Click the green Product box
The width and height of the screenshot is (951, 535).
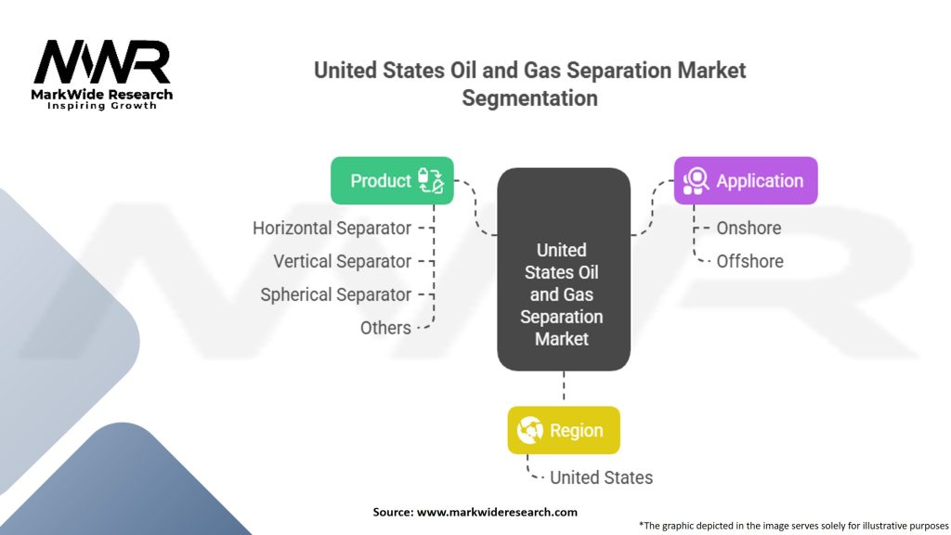392,181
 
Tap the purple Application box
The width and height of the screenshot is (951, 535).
746,181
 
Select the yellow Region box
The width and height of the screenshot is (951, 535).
564,430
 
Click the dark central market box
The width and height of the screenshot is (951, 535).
564,269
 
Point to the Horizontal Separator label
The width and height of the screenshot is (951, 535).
332,228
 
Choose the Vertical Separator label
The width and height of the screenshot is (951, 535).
342,261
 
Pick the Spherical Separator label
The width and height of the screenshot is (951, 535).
335,294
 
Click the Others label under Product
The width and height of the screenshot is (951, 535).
385,328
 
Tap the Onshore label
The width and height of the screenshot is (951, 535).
749,228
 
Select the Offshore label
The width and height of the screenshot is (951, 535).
749,261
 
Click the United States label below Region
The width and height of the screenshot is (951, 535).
601,478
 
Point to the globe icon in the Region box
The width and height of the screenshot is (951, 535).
529,430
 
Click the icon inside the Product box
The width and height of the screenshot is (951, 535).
431,181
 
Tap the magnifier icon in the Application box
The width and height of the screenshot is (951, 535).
696,181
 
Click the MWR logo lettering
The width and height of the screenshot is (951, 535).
102,62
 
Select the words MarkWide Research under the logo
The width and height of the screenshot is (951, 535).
102,95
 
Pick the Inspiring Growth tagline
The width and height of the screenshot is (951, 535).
102,106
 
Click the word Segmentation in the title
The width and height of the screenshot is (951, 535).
529,98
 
